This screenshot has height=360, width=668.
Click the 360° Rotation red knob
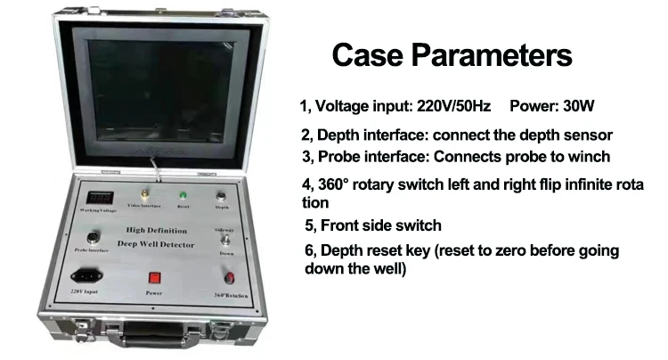(x=231, y=277)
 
